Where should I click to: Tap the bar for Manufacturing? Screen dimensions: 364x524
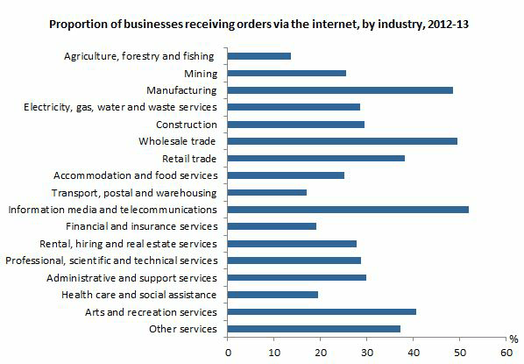(x=340, y=89)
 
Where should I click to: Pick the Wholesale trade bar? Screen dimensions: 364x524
(x=343, y=140)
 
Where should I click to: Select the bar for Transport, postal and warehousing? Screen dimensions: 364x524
(x=267, y=192)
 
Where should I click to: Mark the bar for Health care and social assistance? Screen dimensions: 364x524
(x=273, y=295)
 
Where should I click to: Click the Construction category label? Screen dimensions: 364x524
(x=186, y=124)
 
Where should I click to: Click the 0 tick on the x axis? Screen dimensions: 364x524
(x=229, y=351)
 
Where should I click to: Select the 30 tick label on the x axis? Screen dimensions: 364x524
(x=367, y=351)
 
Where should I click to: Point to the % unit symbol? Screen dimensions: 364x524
(x=513, y=338)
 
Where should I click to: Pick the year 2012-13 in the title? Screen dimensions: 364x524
(x=445, y=25)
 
